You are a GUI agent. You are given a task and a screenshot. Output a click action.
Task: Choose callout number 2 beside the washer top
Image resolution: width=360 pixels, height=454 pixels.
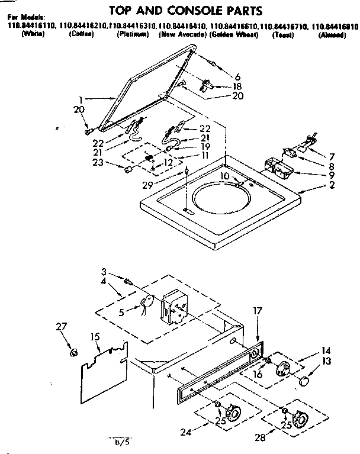click(x=332, y=185)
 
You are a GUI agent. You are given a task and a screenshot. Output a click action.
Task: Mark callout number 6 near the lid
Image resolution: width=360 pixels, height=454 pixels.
click(x=237, y=76)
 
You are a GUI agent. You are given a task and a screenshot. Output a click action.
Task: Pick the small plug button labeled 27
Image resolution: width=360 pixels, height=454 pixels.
click(x=74, y=353)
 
